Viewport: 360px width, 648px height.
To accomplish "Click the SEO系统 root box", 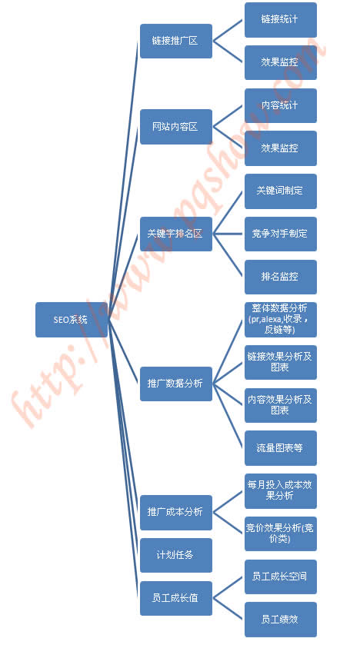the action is click(x=72, y=320).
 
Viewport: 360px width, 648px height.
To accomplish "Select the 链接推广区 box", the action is click(x=176, y=41).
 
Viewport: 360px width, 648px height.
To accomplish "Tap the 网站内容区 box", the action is click(x=176, y=127).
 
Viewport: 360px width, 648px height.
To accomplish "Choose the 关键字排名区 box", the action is click(x=176, y=234).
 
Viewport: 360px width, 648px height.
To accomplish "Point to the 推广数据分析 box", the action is click(x=176, y=384).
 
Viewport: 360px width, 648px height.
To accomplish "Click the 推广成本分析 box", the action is click(x=176, y=512).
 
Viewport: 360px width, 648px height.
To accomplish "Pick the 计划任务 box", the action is click(x=176, y=555).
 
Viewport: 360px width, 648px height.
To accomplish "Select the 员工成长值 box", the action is click(x=176, y=598).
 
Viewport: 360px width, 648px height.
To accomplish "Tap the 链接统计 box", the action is click(x=281, y=20).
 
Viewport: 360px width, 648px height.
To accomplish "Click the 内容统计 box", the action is click(x=281, y=105).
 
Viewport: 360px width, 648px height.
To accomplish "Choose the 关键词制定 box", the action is click(x=281, y=191).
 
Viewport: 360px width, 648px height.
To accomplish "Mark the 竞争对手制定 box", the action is click(x=281, y=234).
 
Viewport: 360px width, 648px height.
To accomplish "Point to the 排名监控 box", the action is click(x=281, y=277).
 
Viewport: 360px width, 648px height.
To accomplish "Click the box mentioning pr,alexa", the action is click(x=281, y=320).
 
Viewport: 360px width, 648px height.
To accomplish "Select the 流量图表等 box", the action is click(x=281, y=448).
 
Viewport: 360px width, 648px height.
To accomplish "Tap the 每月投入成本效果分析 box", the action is click(x=281, y=491).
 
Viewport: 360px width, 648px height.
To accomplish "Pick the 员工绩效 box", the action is click(x=281, y=620).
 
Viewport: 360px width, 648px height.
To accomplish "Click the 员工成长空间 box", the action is click(x=281, y=577).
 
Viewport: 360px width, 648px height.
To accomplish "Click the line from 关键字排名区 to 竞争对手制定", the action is click(x=228, y=234).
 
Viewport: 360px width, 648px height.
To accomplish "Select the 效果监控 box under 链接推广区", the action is click(x=281, y=62).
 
